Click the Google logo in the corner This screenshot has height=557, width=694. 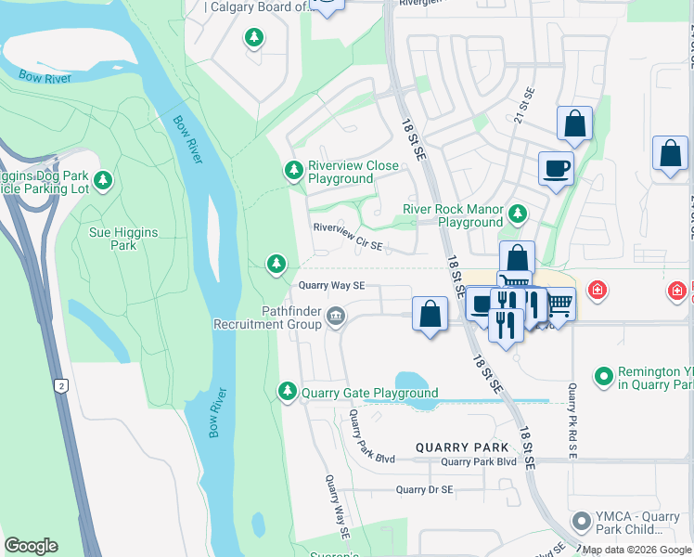click(31, 546)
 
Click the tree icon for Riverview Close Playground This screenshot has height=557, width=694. click(293, 170)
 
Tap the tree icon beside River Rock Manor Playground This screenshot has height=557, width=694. click(518, 215)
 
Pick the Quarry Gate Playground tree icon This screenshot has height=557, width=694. click(289, 392)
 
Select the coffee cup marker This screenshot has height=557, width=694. click(556, 168)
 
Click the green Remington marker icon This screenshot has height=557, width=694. click(604, 376)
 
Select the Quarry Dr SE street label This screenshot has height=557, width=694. click(424, 489)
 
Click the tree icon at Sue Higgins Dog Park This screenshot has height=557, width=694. click(105, 180)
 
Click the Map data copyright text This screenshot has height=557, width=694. click(636, 550)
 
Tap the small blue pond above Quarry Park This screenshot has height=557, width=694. click(416, 382)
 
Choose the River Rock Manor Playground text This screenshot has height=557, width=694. click(452, 215)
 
